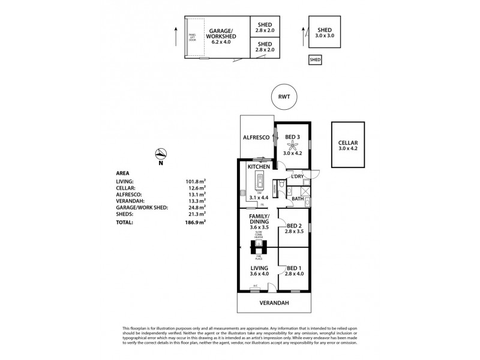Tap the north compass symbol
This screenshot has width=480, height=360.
click(x=160, y=154)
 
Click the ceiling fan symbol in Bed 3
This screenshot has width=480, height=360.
click(x=293, y=143)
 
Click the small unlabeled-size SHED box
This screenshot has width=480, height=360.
click(x=315, y=59)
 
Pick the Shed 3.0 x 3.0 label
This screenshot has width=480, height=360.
click(x=325, y=33)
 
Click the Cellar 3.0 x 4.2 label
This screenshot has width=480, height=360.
click(x=347, y=145)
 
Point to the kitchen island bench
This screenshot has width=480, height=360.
click(x=260, y=178)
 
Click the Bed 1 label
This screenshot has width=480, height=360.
click(x=294, y=271)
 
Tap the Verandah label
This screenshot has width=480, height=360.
click(x=275, y=303)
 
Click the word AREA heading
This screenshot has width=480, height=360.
click(x=122, y=172)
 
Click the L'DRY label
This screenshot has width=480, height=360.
click(x=297, y=176)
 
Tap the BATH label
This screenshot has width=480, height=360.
click(x=298, y=198)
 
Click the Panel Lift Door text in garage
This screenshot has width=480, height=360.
click(x=193, y=38)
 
